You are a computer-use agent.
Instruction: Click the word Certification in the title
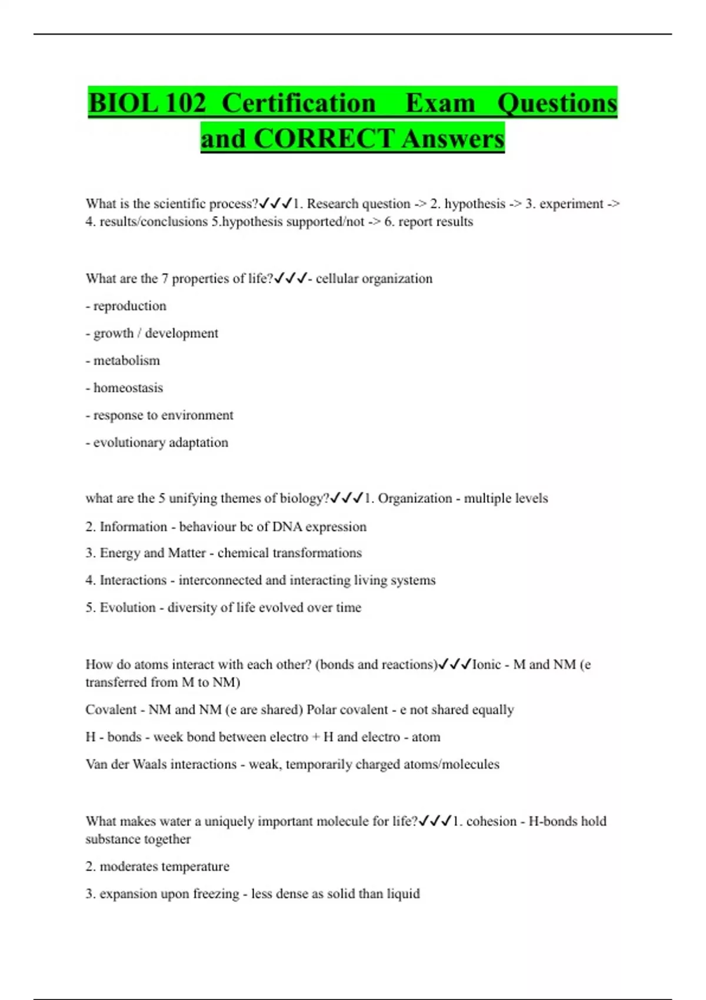[299, 104]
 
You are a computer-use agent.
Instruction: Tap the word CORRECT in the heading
[324, 139]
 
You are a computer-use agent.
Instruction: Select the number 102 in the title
[186, 104]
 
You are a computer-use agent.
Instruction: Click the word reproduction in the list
[129, 306]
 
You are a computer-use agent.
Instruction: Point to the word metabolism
[126, 361]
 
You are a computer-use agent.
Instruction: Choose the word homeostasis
[128, 388]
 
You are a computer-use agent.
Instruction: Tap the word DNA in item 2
[288, 526]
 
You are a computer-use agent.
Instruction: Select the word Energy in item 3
[119, 553]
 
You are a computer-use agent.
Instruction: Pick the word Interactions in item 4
[133, 580]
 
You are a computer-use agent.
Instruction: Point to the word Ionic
[487, 665]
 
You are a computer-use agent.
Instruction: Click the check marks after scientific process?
[275, 204]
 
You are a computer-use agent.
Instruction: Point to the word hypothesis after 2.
[475, 204]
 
